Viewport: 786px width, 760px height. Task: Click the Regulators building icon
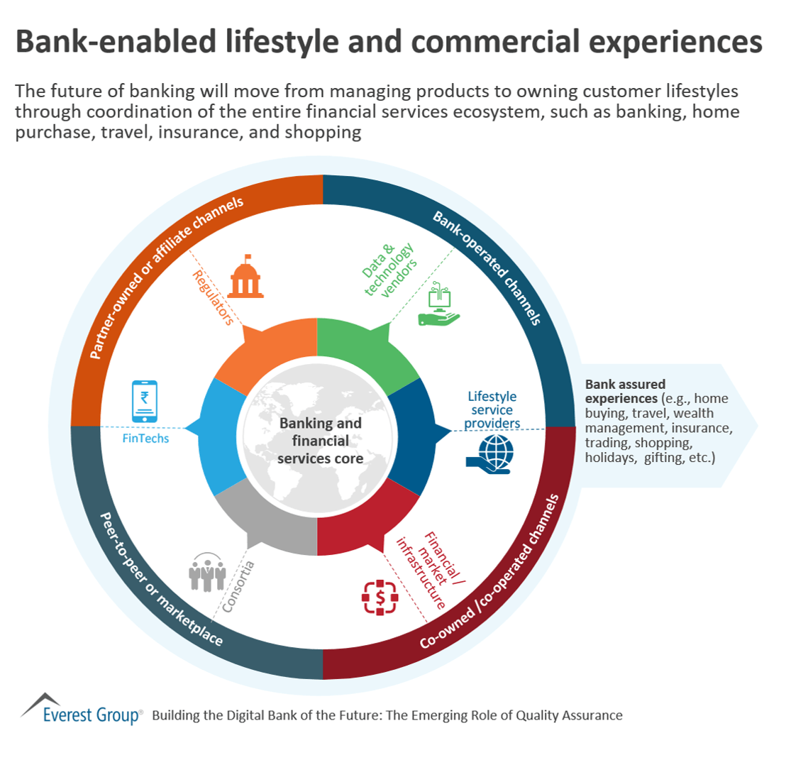[x=244, y=276]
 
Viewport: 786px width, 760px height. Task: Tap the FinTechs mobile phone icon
[x=145, y=402]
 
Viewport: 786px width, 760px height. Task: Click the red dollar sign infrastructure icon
[x=380, y=597]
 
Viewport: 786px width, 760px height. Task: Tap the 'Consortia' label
[x=239, y=586]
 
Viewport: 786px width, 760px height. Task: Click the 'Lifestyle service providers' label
[x=492, y=410]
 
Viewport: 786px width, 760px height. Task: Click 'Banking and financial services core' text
[x=320, y=441]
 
